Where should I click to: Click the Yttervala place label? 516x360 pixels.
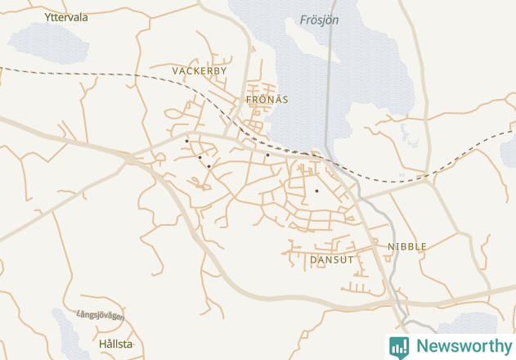[x=67, y=16]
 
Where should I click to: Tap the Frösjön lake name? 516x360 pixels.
[x=319, y=20]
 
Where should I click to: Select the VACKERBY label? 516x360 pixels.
[x=199, y=71]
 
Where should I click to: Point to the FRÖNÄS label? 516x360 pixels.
[x=267, y=100]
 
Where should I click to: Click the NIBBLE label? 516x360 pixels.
[x=406, y=246]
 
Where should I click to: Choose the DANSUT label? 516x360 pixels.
[x=332, y=259]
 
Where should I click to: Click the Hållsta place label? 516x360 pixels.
[x=114, y=344]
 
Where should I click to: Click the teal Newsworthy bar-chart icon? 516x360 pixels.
[x=399, y=347]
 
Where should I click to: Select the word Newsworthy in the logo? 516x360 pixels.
[x=464, y=346]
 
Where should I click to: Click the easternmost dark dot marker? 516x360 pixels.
[x=316, y=191]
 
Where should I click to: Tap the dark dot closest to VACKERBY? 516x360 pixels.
[x=186, y=141]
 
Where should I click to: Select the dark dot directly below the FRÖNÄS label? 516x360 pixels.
[x=267, y=154]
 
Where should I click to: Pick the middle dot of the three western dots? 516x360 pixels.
[x=200, y=157]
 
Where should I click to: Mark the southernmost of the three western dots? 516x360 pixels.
[x=209, y=166]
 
